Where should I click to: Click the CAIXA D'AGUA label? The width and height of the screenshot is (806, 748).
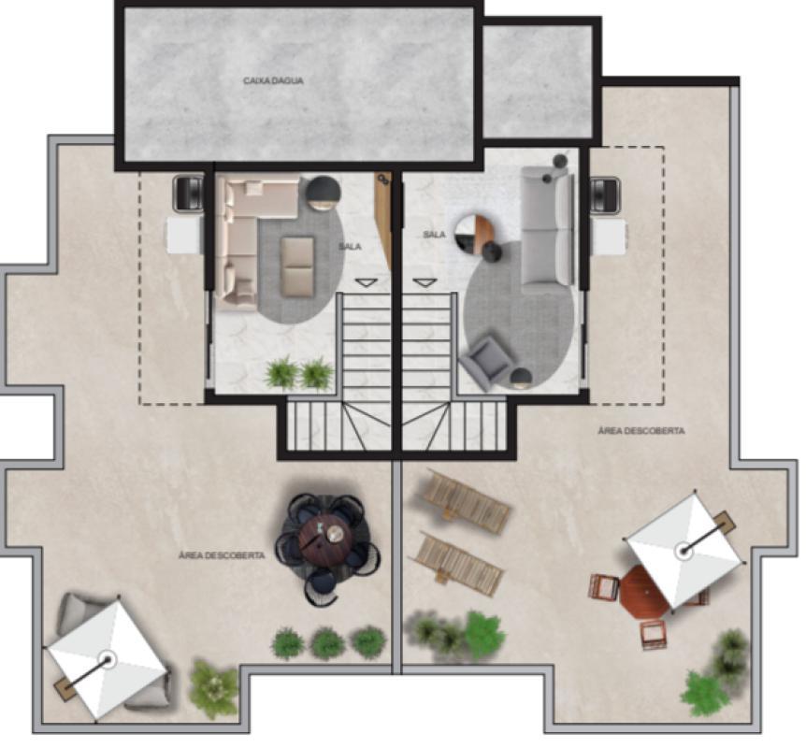click(273, 80)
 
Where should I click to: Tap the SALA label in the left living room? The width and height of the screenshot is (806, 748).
click(350, 247)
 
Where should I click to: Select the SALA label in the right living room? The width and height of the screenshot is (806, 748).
click(435, 235)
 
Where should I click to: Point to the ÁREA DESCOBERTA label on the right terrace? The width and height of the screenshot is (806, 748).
click(641, 431)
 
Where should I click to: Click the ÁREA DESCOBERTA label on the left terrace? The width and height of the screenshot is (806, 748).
click(222, 555)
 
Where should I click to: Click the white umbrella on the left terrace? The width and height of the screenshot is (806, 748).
click(107, 659)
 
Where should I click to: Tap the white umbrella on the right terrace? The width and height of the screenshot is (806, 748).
click(684, 551)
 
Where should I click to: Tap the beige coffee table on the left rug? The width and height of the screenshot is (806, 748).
click(297, 266)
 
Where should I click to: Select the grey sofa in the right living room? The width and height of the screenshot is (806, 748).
click(547, 230)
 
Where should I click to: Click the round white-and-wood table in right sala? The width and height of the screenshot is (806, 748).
click(473, 234)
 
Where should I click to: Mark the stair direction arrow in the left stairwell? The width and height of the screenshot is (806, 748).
click(366, 282)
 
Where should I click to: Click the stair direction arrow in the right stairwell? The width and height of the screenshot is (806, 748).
click(425, 282)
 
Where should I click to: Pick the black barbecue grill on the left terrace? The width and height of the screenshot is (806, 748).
click(189, 194)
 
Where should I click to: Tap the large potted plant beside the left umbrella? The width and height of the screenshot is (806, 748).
click(213, 689)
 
